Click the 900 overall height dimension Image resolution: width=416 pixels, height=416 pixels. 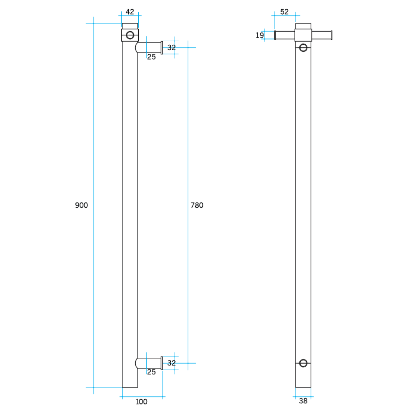point(81,205)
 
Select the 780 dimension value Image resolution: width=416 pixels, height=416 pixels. point(197,205)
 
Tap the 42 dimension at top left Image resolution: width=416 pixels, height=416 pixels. point(130,12)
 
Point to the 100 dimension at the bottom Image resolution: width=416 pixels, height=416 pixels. point(141,402)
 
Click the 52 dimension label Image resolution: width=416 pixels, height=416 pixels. point(284,12)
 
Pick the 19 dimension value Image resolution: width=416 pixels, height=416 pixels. point(260,35)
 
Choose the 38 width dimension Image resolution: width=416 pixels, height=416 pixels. point(303,401)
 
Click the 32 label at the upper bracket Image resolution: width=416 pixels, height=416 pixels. point(171,48)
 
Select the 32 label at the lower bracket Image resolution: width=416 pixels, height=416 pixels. point(171,363)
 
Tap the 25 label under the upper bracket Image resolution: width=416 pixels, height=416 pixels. point(151,57)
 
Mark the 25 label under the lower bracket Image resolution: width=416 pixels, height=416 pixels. point(151,372)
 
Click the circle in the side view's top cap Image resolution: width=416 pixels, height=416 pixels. point(130,35)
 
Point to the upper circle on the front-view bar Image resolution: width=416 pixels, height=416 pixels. point(304,48)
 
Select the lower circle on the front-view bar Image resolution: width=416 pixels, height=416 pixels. point(304,363)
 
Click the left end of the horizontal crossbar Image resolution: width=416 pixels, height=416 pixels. point(275,35)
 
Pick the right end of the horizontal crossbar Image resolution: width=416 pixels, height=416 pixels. point(331,35)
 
